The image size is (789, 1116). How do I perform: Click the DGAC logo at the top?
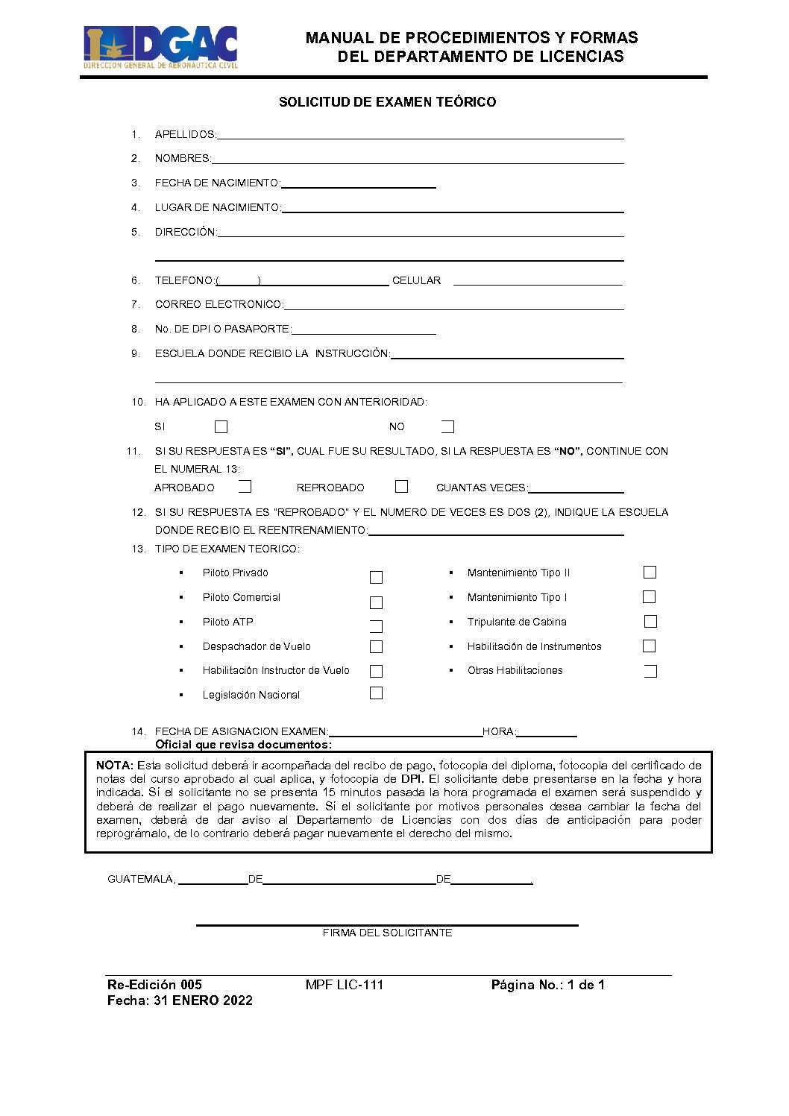tap(160, 47)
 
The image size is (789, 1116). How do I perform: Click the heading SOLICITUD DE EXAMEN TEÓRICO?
tap(387, 102)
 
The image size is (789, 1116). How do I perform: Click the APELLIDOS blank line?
tap(420, 135)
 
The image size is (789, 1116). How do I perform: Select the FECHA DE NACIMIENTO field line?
tap(358, 183)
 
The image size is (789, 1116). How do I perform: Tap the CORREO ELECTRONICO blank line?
tap(453, 305)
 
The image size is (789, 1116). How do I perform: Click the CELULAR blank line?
tap(538, 281)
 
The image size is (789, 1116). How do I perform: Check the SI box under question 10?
tap(221, 427)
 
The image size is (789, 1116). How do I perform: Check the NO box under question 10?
tap(447, 427)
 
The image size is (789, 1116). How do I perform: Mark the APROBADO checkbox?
tap(245, 488)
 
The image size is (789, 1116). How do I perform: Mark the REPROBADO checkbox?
tap(401, 487)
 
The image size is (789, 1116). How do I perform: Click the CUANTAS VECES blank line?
tap(575, 489)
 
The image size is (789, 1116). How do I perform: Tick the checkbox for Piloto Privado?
tap(376, 578)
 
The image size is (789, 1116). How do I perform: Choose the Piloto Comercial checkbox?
tap(376, 602)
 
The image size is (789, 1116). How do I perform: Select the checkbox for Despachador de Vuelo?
tap(376, 647)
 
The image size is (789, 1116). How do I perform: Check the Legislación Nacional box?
tap(376, 693)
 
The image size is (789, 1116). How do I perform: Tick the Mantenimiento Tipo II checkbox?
tap(650, 573)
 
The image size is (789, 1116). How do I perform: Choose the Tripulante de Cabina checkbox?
tap(650, 622)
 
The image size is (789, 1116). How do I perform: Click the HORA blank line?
tap(547, 733)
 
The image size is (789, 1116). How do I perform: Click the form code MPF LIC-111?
tap(345, 985)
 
